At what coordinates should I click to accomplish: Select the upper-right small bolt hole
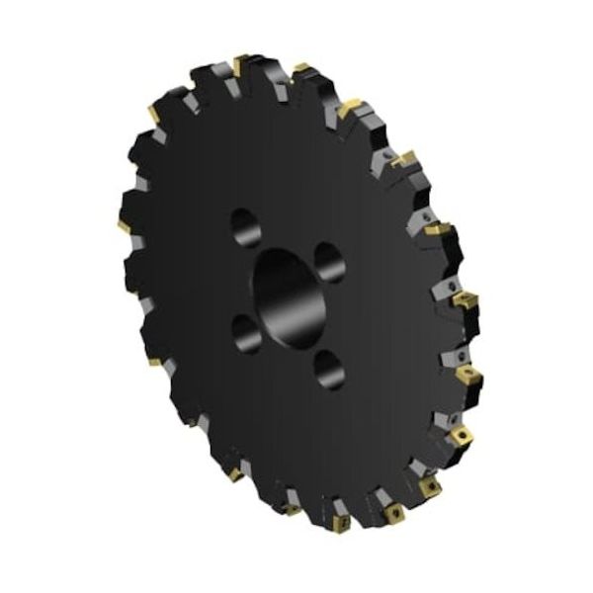click(x=325, y=262)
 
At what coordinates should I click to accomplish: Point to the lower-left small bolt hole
click(x=247, y=332)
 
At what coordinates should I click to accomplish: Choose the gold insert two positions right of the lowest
click(x=430, y=487)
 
